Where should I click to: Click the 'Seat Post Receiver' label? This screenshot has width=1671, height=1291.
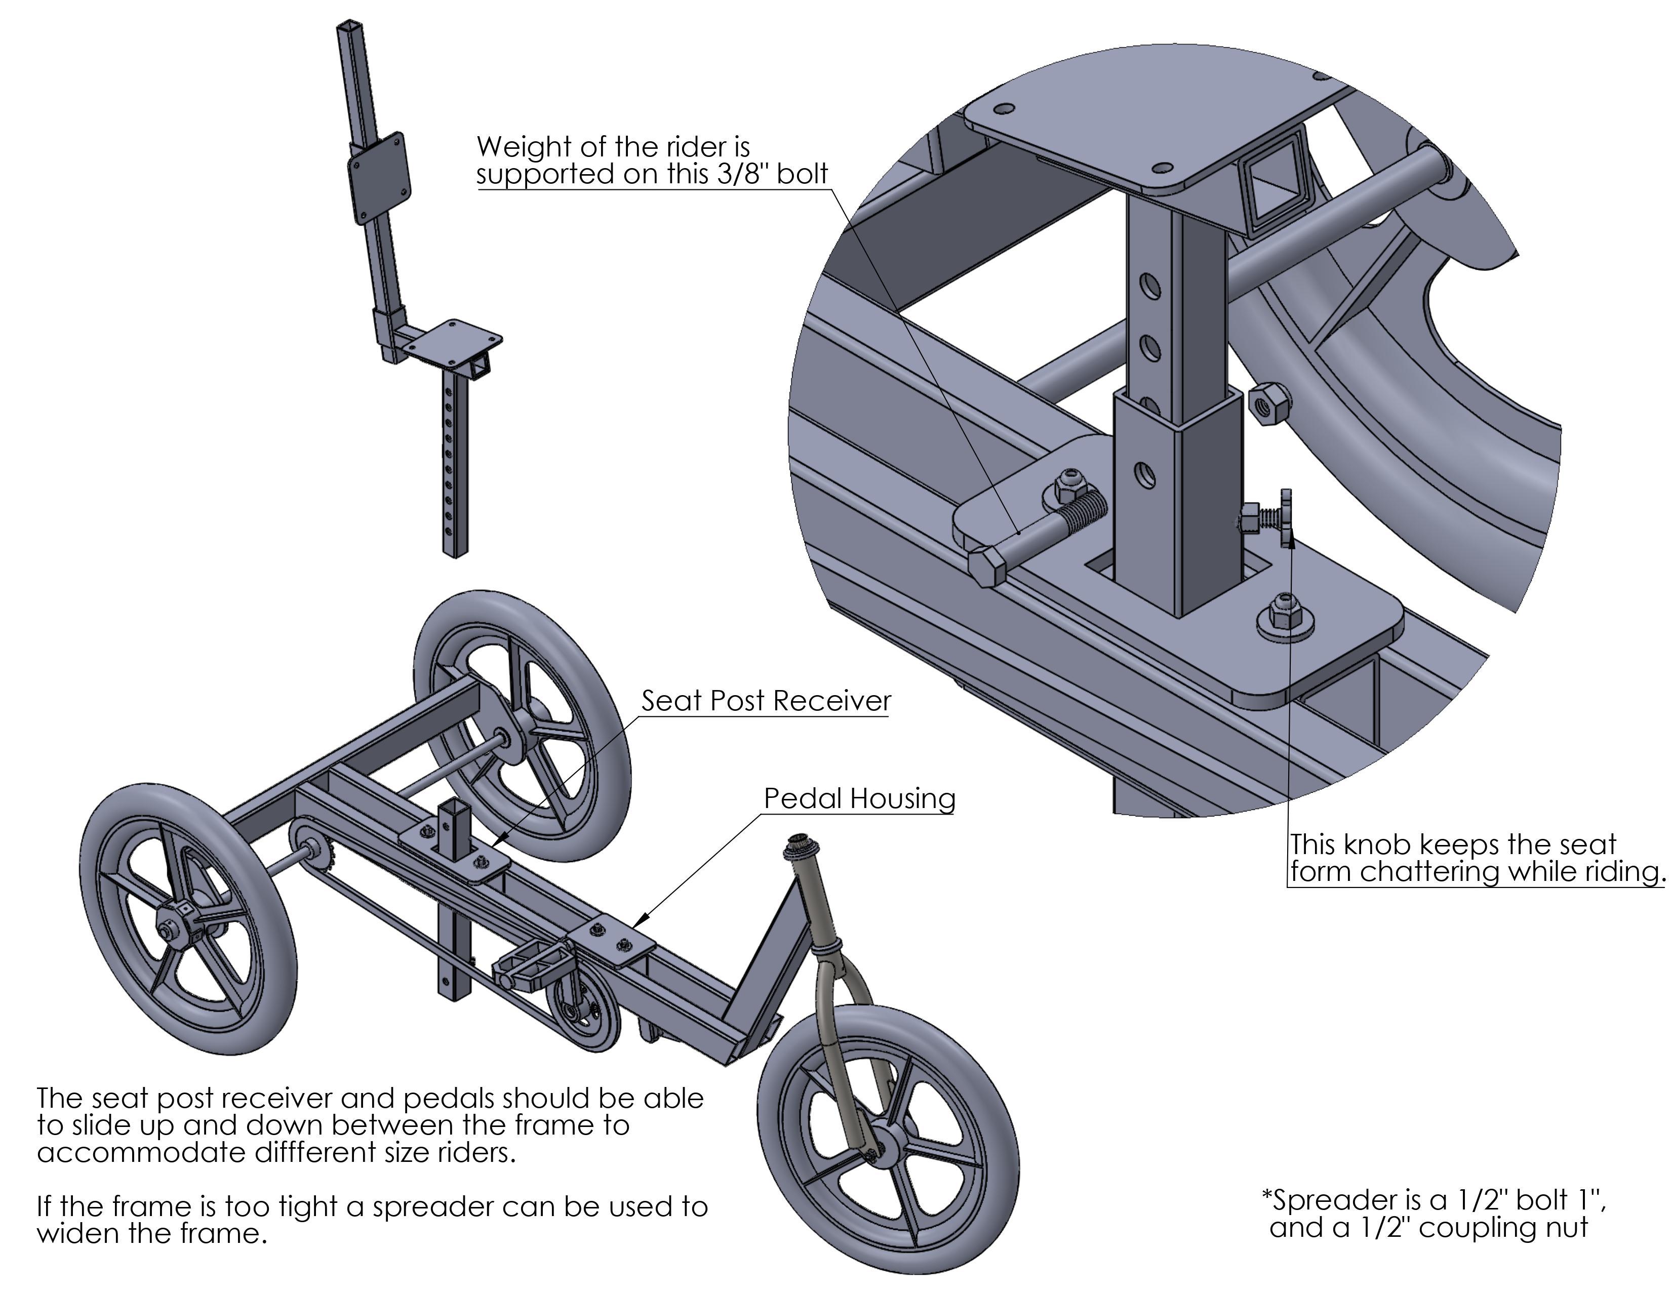[x=766, y=701]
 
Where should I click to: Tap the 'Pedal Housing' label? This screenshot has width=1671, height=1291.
[x=860, y=798]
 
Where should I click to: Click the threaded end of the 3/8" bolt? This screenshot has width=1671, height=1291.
[x=1083, y=506]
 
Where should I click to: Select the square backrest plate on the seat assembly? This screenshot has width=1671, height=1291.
[x=379, y=178]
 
